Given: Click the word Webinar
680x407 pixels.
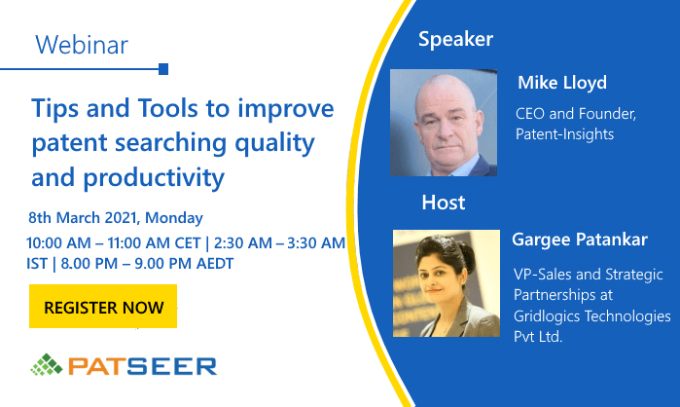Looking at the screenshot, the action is [82, 45].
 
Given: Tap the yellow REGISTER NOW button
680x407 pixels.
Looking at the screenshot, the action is [103, 307].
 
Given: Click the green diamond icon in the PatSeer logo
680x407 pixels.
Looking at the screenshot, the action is [47, 364].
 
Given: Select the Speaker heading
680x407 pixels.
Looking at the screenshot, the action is [456, 40].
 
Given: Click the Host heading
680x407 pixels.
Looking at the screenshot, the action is [444, 203].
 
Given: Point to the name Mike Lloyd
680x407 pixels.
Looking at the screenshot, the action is [562, 83].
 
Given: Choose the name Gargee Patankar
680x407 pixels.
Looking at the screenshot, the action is [580, 240].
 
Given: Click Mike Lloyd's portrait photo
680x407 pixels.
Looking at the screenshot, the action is [444, 123].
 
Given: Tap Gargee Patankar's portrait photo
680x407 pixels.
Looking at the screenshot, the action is [447, 283].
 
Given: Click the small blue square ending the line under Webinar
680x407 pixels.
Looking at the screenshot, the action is [163, 69].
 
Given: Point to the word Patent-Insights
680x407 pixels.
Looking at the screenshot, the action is [564, 134].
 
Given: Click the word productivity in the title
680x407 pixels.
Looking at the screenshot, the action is [154, 178].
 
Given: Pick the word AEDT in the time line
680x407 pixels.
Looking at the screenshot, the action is [215, 263].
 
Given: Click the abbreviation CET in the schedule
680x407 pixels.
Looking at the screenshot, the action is [188, 243].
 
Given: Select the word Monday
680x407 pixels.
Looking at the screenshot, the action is [174, 218].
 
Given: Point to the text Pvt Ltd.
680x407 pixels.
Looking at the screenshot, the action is [538, 337].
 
